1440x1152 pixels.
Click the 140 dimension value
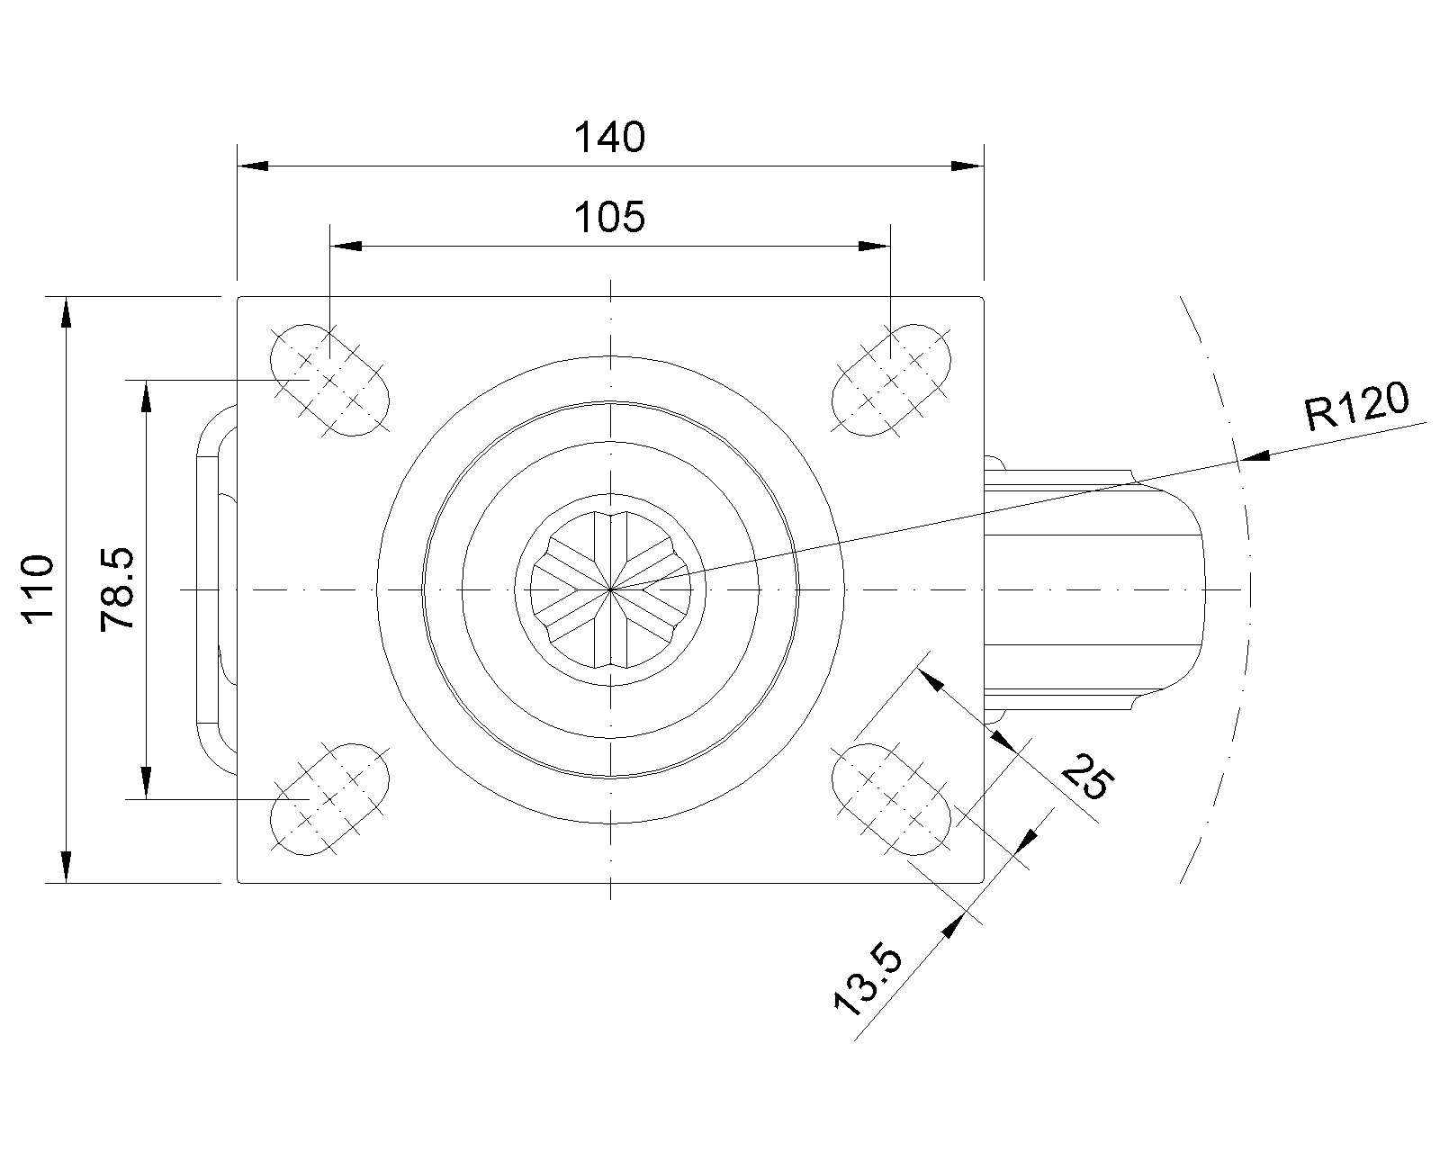point(609,137)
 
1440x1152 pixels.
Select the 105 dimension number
point(609,218)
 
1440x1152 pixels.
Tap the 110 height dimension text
point(38,589)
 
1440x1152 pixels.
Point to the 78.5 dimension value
point(118,589)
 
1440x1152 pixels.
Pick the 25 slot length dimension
point(1088,776)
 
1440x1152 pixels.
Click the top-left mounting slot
point(330,380)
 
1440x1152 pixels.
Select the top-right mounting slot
point(891,380)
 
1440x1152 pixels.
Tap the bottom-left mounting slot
point(330,799)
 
